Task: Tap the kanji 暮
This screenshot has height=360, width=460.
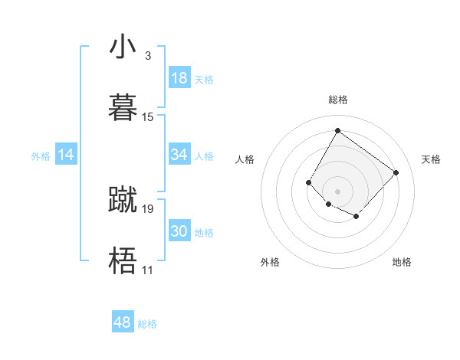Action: pyautogui.click(x=123, y=106)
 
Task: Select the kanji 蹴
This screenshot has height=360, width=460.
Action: pyautogui.click(x=123, y=199)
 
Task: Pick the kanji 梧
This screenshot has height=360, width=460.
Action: pyautogui.click(x=123, y=260)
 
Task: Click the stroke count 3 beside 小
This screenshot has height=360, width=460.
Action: pyautogui.click(x=148, y=56)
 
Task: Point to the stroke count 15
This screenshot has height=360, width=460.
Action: pyautogui.click(x=148, y=116)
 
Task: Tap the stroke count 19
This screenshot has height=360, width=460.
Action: pyautogui.click(x=148, y=208)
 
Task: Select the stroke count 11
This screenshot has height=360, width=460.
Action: pyautogui.click(x=148, y=270)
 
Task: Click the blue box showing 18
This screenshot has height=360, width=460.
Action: pyautogui.click(x=179, y=78)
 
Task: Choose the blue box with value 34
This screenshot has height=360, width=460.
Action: pyautogui.click(x=179, y=155)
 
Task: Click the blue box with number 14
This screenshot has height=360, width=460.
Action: pyautogui.click(x=66, y=155)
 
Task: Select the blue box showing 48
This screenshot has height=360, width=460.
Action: pyautogui.click(x=123, y=322)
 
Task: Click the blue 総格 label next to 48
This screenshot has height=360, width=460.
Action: pyautogui.click(x=147, y=324)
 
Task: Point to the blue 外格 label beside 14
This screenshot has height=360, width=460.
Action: pyautogui.click(x=41, y=156)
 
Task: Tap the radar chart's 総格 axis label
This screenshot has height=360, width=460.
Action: pyautogui.click(x=337, y=100)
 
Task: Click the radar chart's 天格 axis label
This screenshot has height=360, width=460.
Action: pyautogui.click(x=431, y=159)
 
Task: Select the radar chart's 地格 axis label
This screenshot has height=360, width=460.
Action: pyautogui.click(x=402, y=262)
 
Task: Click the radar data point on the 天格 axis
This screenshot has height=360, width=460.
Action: pyautogui.click(x=396, y=172)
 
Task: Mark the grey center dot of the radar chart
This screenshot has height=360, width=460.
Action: pyautogui.click(x=337, y=191)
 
